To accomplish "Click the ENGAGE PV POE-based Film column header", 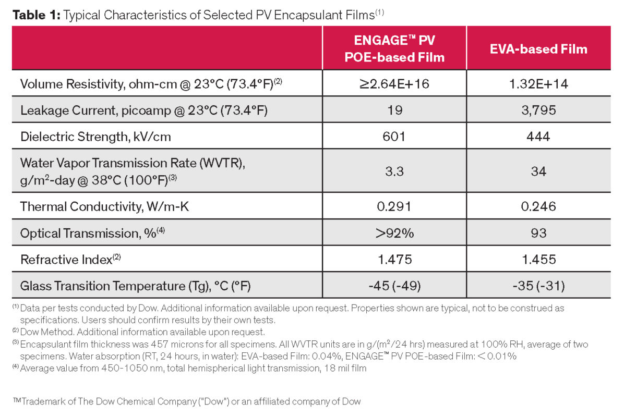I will point(394,48).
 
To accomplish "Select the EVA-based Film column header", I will point(538,49).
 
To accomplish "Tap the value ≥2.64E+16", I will point(394,83).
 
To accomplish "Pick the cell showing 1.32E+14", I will point(538,83).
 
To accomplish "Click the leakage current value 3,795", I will point(538,111).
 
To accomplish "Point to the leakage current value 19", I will point(394,111).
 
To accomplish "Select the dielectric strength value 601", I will point(394,137).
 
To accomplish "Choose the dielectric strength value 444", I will point(538,137).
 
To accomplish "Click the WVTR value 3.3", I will point(394,171).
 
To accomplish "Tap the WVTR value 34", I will point(538,171).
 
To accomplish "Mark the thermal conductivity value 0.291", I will point(394,206).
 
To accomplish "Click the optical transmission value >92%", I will point(394,232).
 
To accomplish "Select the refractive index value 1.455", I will point(538,259).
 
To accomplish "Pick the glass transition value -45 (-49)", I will point(394,286).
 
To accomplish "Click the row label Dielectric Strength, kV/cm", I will point(95,137).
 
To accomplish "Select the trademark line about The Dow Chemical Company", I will point(187,401).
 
